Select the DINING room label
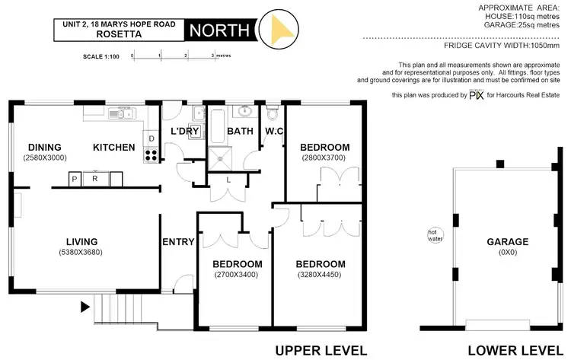tap(45, 147)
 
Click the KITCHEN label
tap(114, 147)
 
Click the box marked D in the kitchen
tap(152, 139)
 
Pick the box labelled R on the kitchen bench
tap(95, 179)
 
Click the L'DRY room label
tap(185, 132)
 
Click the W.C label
tap(274, 132)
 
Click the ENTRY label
tap(178, 242)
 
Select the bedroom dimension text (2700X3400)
tap(237, 275)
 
